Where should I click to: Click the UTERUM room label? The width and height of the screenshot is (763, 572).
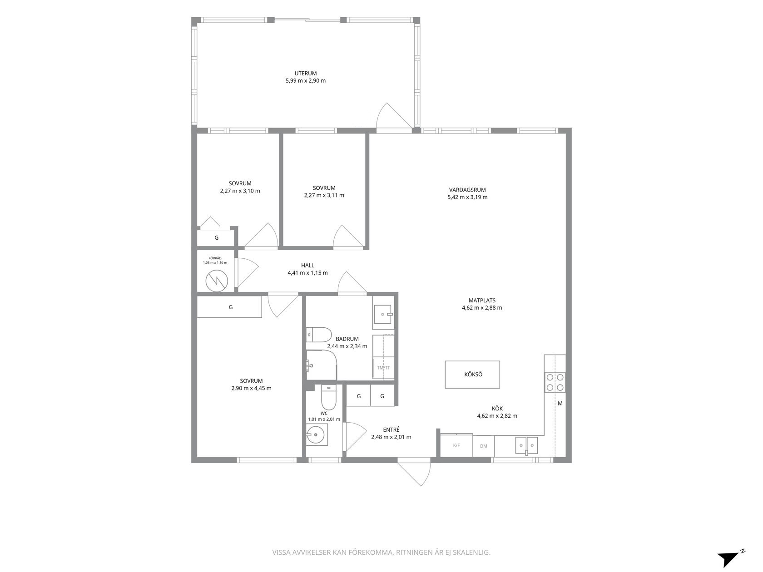click(x=306, y=73)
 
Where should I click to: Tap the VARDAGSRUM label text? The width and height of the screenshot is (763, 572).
click(x=467, y=190)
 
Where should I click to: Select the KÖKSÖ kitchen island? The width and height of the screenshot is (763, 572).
click(x=472, y=375)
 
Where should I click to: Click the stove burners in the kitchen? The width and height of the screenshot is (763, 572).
click(x=555, y=382)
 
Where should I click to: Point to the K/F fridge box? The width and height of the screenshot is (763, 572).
click(x=456, y=445)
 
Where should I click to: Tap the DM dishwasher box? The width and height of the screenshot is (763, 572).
click(x=484, y=446)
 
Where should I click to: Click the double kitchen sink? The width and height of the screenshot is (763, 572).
click(x=527, y=445)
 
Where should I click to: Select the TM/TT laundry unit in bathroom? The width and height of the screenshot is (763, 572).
click(x=383, y=367)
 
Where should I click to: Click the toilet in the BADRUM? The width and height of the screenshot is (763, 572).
click(x=319, y=335)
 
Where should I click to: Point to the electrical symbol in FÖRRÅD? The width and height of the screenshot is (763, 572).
click(x=217, y=281)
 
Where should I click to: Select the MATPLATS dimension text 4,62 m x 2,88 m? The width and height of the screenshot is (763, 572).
click(x=482, y=308)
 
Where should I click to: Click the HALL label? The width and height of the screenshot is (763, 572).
click(x=307, y=265)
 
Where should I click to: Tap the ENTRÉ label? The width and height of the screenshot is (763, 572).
click(x=391, y=429)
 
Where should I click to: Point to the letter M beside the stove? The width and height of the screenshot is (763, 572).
click(x=560, y=404)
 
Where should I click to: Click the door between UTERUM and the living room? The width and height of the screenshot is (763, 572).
click(x=394, y=118)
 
